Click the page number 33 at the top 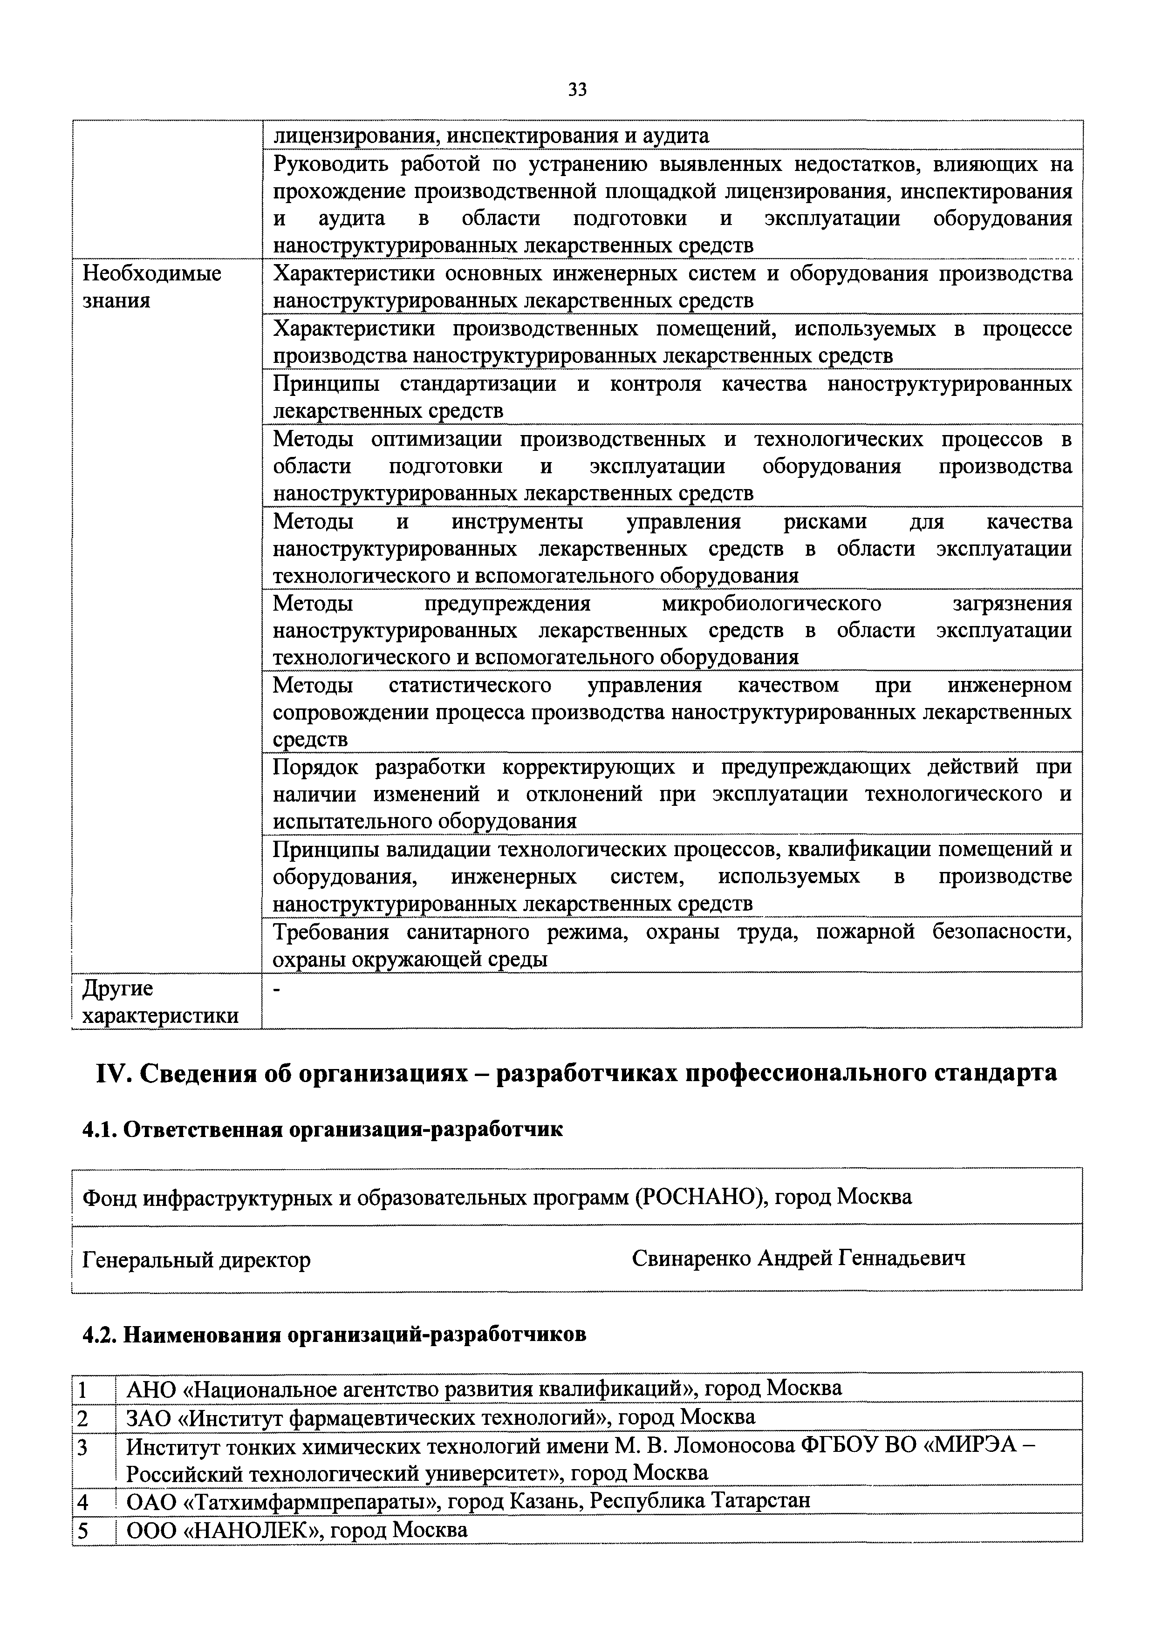click(x=577, y=90)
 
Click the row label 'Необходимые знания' click(x=151, y=287)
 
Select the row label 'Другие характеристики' click(x=160, y=1002)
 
